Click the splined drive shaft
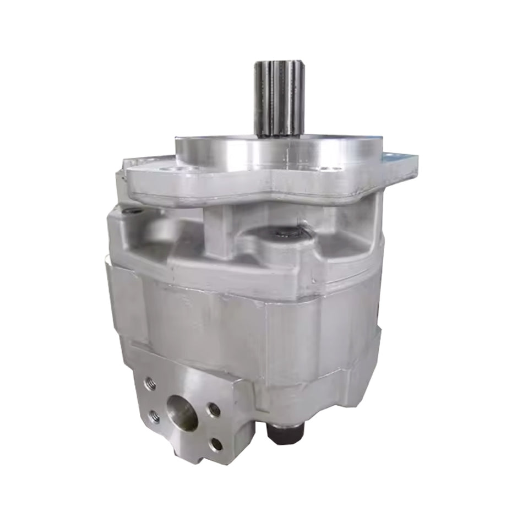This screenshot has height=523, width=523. point(278,99)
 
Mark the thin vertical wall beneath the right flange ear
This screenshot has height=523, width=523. point(377,220)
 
